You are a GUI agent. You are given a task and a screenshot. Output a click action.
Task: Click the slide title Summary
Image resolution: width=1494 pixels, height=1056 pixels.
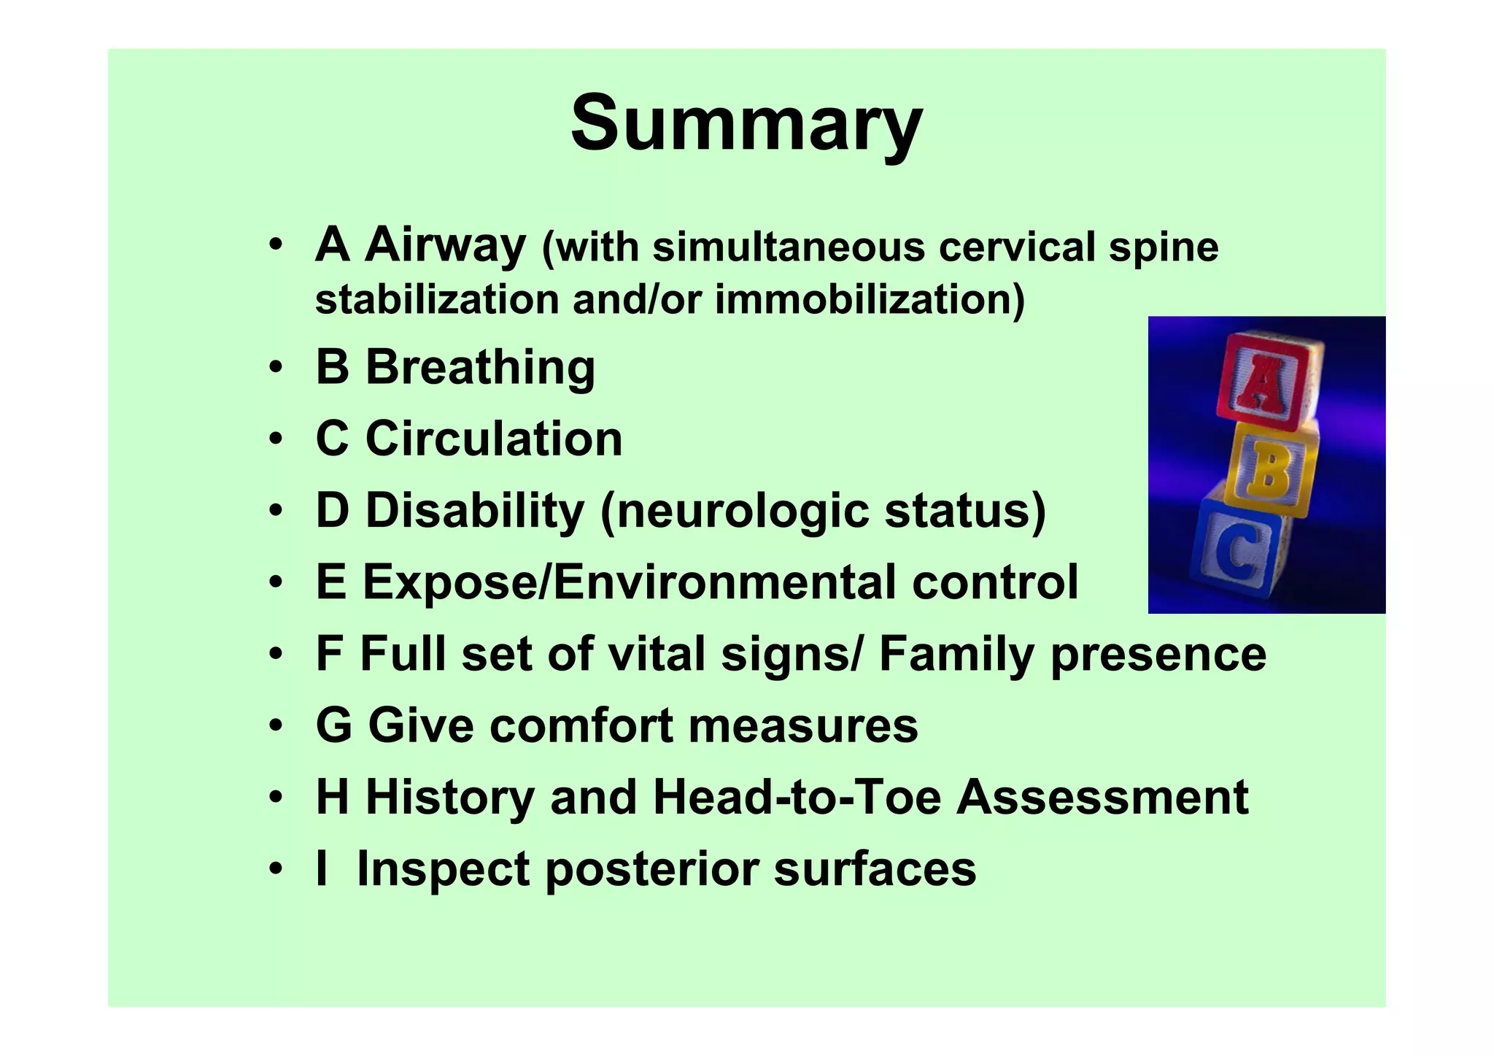click(746, 124)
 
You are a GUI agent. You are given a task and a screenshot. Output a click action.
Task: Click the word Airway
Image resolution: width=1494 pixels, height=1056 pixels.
click(445, 244)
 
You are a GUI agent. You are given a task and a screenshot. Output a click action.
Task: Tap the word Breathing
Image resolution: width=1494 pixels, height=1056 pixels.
click(480, 367)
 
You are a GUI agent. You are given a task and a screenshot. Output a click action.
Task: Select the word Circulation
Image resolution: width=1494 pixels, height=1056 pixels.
click(494, 439)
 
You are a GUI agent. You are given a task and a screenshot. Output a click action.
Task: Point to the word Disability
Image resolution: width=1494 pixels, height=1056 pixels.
click(474, 510)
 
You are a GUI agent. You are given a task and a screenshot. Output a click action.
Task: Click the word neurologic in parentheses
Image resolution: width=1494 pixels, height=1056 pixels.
click(743, 510)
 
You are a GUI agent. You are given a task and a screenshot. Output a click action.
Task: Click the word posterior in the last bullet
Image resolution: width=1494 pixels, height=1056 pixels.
click(651, 868)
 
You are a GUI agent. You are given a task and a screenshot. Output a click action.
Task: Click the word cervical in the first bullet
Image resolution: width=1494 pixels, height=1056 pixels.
click(1016, 247)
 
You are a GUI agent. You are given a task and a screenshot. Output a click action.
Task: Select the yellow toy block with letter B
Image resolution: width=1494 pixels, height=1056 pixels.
click(1270, 470)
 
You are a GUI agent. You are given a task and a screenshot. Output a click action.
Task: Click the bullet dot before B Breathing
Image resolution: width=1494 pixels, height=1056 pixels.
click(275, 367)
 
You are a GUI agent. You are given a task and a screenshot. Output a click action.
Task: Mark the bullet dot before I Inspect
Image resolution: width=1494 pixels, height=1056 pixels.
click(275, 869)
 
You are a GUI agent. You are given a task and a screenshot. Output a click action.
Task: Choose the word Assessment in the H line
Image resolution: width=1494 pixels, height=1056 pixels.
click(1102, 796)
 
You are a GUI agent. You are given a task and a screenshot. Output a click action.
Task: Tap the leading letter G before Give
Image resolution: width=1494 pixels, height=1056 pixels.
click(333, 725)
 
